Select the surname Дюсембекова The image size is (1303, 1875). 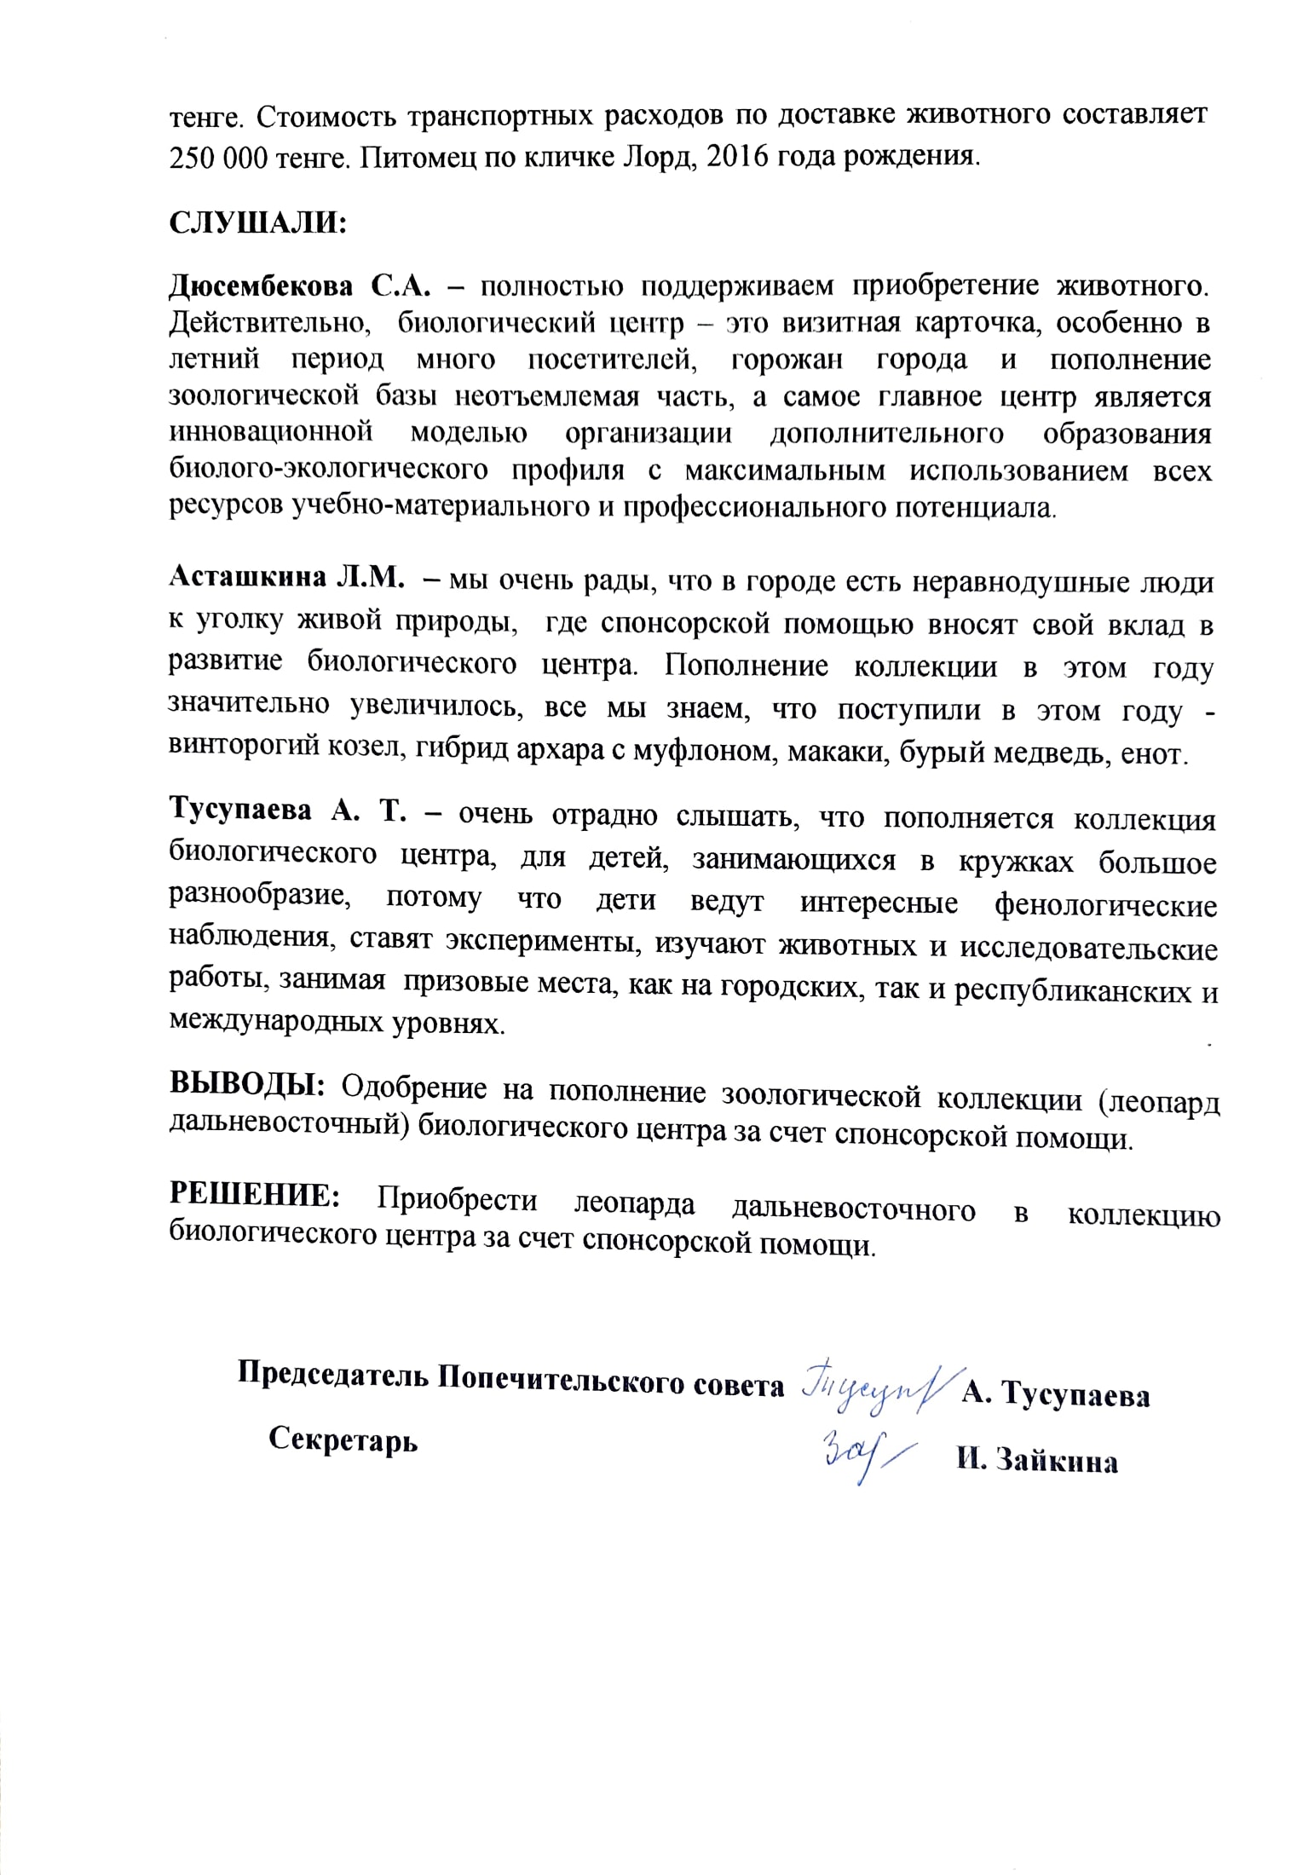pos(261,287)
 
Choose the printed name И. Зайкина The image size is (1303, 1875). pos(1036,1461)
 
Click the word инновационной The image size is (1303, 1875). pos(271,433)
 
